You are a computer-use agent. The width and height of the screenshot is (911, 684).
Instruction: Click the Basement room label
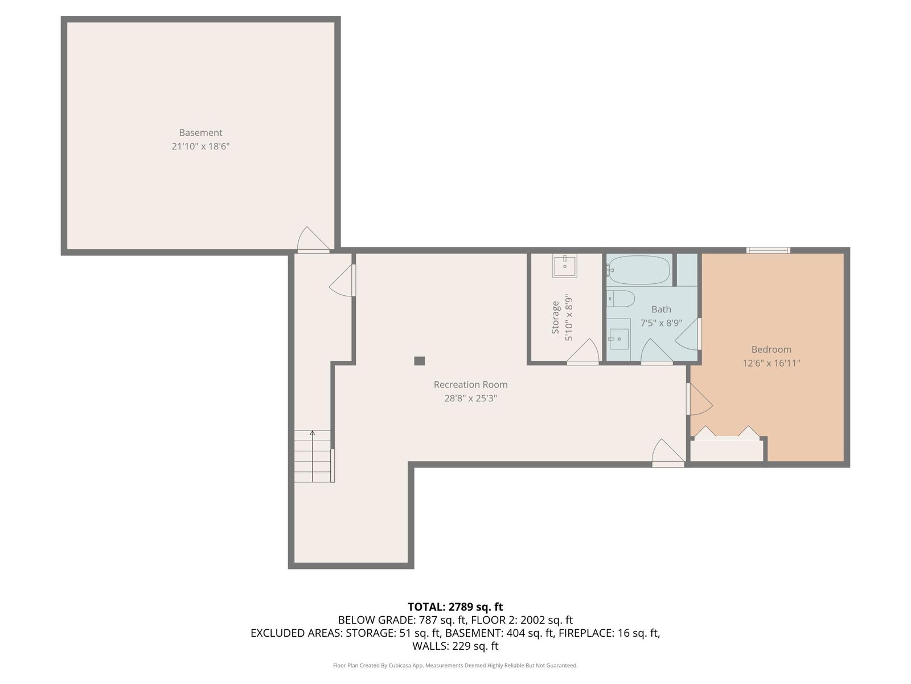(200, 132)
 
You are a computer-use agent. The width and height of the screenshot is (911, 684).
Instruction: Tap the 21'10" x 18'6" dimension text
(200, 146)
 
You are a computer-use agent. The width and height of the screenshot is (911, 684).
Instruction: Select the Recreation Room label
(470, 385)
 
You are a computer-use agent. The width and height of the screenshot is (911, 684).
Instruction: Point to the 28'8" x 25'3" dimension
(470, 398)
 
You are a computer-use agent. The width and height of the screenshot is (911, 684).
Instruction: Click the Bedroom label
(771, 349)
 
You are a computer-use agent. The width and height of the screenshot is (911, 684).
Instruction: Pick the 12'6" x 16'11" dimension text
(771, 363)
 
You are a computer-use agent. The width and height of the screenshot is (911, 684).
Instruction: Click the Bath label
(660, 309)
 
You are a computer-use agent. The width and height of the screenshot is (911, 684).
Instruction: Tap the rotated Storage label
(555, 317)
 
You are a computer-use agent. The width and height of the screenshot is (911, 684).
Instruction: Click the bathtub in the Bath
(638, 270)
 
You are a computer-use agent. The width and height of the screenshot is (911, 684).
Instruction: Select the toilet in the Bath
(621, 299)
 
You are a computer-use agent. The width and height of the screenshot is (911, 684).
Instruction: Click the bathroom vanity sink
(619, 339)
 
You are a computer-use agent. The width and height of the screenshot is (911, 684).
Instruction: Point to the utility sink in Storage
(564, 266)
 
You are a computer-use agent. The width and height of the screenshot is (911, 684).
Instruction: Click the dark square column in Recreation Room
(419, 361)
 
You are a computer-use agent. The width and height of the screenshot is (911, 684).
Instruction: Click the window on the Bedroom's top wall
(768, 250)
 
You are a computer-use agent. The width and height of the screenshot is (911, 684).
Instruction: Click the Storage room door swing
(582, 351)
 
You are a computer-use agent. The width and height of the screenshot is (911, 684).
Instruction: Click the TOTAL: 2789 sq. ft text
(455, 606)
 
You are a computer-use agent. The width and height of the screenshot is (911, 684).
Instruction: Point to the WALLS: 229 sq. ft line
(455, 646)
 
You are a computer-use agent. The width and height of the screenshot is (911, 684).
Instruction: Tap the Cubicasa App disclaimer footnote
(455, 665)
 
